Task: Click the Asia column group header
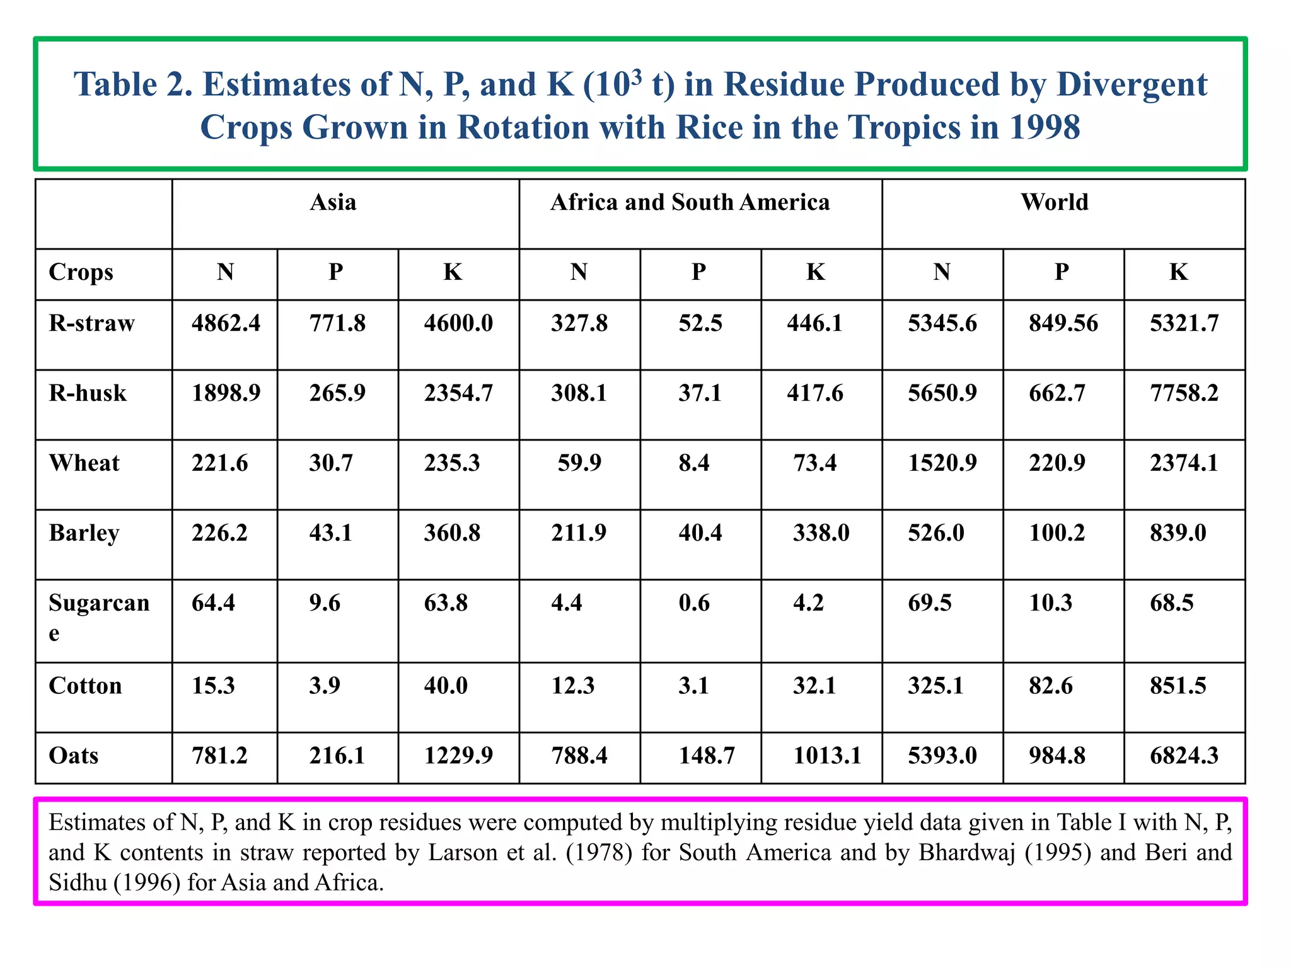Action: [x=333, y=202]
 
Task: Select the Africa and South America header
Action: [x=690, y=202]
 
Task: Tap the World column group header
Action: [x=1054, y=202]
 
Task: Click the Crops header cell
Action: [x=81, y=272]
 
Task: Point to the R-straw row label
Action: [x=91, y=323]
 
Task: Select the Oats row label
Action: [x=74, y=755]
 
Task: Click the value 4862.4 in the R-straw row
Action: [x=226, y=323]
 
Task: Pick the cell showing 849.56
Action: [x=1063, y=323]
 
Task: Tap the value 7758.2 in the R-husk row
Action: [x=1184, y=393]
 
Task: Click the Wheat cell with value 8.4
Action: [x=693, y=463]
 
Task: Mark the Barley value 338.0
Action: [x=821, y=533]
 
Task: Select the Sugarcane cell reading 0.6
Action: [x=693, y=603]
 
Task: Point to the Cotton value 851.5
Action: [x=1178, y=686]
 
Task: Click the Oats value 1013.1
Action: [x=827, y=755]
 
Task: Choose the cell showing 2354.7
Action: [x=458, y=393]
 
